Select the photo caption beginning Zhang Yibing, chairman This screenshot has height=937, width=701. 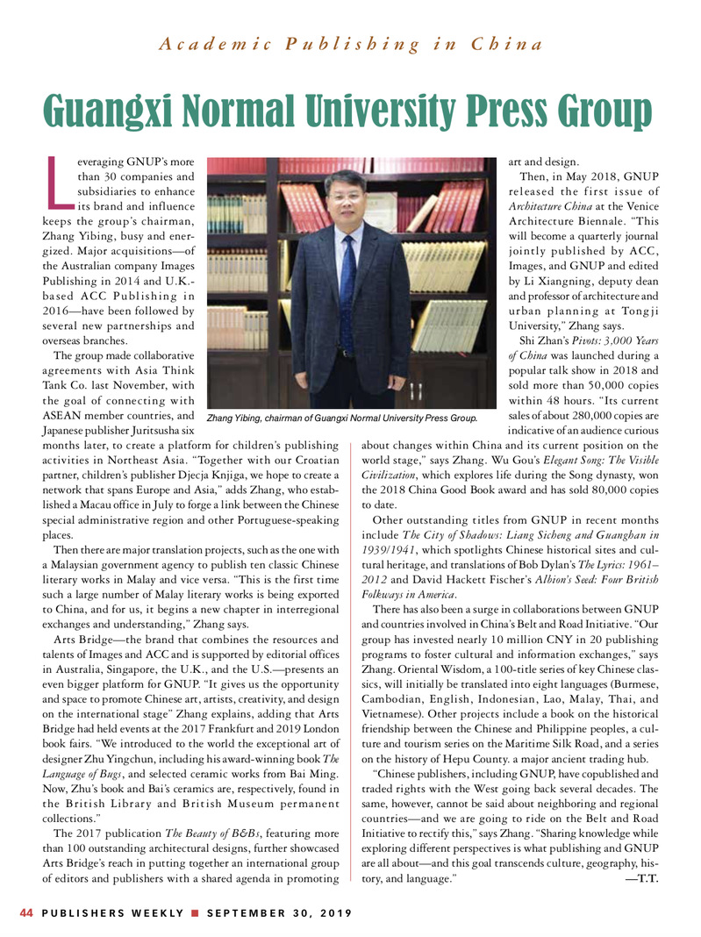coord(341,418)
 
